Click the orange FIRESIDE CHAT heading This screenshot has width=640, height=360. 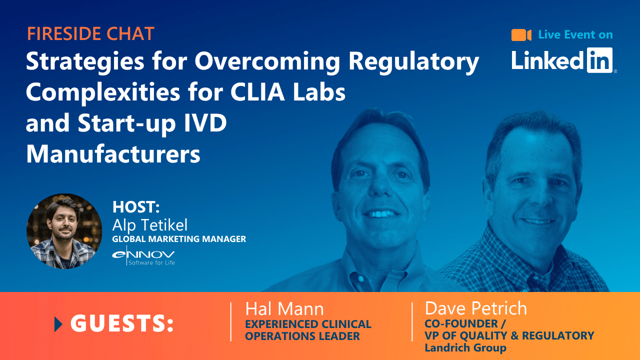pos(90,34)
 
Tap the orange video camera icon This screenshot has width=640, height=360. pos(521,35)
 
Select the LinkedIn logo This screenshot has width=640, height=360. pos(563,60)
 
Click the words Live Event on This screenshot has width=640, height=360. pos(575,34)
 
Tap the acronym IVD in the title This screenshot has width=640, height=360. pos(203,123)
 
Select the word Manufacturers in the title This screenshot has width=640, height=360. pos(113,154)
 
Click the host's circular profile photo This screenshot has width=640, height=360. pos(64,231)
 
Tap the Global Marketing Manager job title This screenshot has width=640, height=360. pos(179,239)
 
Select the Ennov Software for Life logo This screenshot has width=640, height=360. pos(143,255)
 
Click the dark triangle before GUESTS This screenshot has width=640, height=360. pos(58,324)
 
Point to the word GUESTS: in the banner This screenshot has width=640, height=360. pos(122,324)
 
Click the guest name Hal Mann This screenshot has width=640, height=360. pos(284,308)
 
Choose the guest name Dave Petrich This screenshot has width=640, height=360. pos(475,308)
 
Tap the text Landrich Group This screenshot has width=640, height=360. pos(465,347)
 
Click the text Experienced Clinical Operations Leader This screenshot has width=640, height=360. pos(308,330)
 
